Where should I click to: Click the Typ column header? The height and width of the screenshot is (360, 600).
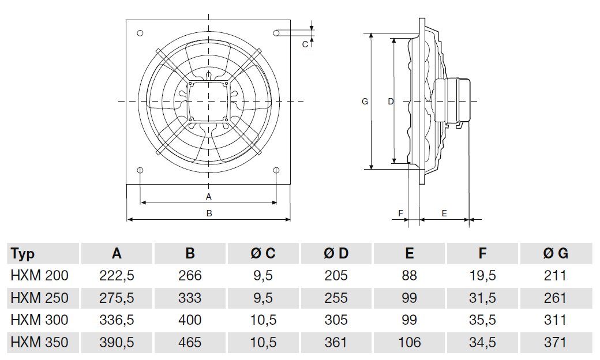[23, 253]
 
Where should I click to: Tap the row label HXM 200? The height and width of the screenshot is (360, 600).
[39, 276]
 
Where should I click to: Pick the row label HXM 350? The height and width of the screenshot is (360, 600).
[39, 343]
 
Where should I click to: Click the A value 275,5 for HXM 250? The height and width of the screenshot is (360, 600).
[117, 298]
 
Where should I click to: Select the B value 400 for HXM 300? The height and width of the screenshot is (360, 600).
[190, 320]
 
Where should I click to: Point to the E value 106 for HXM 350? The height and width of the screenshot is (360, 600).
[410, 343]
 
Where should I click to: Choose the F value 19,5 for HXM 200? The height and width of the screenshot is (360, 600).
[483, 276]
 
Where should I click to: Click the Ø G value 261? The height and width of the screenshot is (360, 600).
[556, 298]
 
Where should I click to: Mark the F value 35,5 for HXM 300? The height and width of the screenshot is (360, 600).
[483, 320]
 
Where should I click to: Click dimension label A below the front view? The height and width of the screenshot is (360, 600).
[209, 197]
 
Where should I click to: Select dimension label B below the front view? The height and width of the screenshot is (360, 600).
[209, 213]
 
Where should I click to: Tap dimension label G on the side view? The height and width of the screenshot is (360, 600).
[365, 102]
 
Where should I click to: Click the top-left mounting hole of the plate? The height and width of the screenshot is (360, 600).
[140, 33]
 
